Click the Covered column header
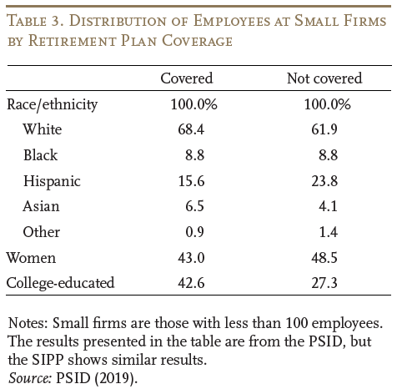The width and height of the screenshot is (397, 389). click(x=187, y=78)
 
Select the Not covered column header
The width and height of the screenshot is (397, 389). click(x=324, y=78)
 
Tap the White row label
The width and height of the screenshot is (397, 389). click(x=43, y=129)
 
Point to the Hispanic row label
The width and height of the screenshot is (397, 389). click(x=52, y=181)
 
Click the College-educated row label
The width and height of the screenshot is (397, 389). click(x=60, y=283)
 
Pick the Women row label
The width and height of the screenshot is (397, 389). click(x=31, y=258)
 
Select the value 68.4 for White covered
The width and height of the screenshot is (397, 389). click(x=191, y=129)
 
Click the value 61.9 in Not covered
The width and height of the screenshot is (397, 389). click(x=324, y=129)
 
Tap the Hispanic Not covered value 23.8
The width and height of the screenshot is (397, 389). click(x=324, y=181)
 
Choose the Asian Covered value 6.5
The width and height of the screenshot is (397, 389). click(x=195, y=206)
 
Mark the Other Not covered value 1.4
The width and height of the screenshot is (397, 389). click(x=329, y=232)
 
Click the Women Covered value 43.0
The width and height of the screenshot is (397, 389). click(x=191, y=258)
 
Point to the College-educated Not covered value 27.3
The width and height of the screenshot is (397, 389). click(x=324, y=283)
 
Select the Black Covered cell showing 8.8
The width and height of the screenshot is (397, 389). click(x=195, y=155)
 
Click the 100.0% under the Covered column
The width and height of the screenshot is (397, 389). click(x=193, y=104)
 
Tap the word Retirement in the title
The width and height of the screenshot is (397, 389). click(x=73, y=41)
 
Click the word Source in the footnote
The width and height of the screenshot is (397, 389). click(x=30, y=378)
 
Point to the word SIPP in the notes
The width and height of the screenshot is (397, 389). click(x=48, y=360)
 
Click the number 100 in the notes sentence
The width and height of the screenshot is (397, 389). click(x=297, y=323)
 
